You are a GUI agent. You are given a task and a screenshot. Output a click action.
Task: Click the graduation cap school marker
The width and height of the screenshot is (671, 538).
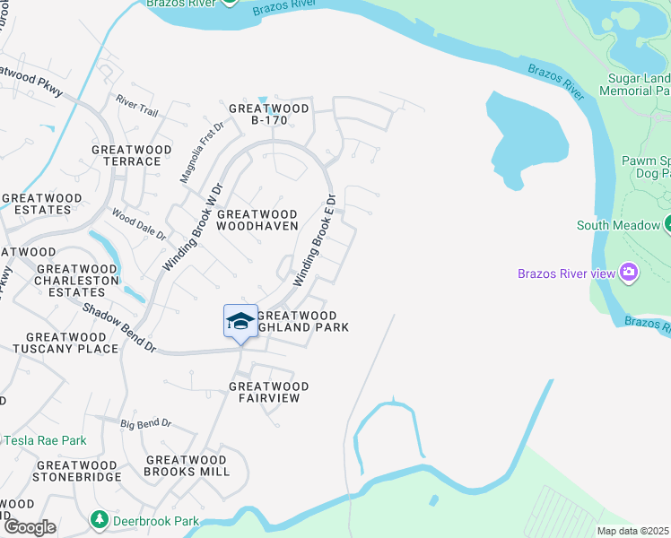point(240,321)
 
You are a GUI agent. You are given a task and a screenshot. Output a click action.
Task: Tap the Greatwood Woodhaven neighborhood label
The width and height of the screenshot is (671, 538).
point(257,220)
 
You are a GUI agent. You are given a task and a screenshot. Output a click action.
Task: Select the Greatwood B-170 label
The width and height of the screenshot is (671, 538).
point(268,115)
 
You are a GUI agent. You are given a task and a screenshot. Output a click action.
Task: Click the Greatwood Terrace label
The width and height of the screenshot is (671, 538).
point(126,154)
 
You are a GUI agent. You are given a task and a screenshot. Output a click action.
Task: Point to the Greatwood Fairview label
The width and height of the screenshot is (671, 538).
point(268,393)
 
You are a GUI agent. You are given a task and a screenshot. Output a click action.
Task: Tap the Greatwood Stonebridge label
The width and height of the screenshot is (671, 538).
point(76,471)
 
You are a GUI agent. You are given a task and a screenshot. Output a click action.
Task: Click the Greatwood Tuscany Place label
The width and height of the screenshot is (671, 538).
point(60,342)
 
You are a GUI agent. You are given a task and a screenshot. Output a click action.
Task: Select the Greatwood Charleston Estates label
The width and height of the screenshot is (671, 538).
point(76,280)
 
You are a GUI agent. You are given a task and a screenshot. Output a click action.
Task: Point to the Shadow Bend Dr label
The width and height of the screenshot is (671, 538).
point(120,327)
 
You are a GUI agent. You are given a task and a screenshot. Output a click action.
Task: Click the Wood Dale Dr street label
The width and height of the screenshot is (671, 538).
point(138,223)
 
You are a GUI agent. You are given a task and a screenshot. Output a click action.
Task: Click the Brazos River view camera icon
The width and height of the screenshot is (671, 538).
point(629,272)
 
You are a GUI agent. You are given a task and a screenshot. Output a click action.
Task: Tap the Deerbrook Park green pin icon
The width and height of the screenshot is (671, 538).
point(100,519)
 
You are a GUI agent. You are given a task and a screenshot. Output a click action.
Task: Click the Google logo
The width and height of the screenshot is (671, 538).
point(29,526)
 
